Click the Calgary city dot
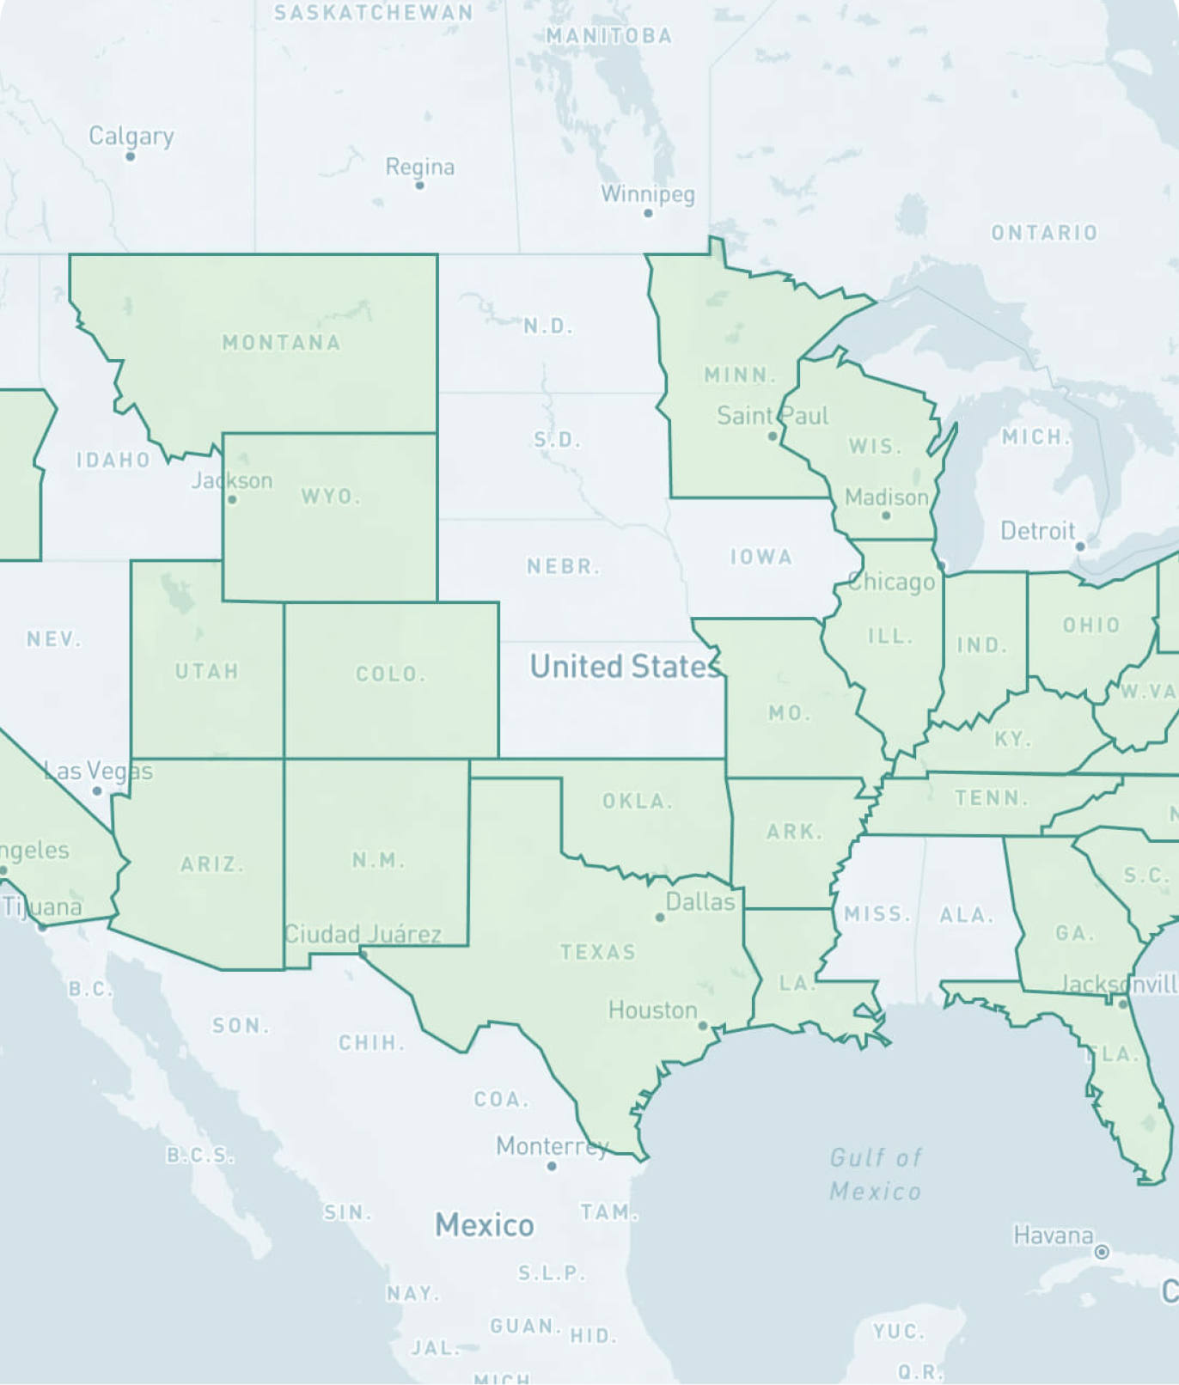click(x=131, y=156)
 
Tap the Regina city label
click(x=419, y=167)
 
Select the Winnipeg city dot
click(x=648, y=213)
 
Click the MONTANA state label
click(x=281, y=343)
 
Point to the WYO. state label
click(x=330, y=497)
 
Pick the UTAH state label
click(x=207, y=671)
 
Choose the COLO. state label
click(x=391, y=674)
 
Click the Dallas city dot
click(x=660, y=918)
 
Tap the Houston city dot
click(x=703, y=1026)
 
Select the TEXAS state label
click(x=598, y=952)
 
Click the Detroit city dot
click(x=1080, y=546)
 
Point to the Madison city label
click(x=886, y=497)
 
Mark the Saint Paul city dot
click(x=773, y=436)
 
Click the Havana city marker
click(x=1102, y=1252)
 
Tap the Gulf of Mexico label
click(x=875, y=1175)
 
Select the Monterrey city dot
click(x=552, y=1166)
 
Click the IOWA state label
click(x=761, y=558)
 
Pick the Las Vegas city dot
click(x=97, y=790)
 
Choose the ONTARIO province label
click(x=1044, y=233)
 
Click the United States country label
click(x=625, y=667)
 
